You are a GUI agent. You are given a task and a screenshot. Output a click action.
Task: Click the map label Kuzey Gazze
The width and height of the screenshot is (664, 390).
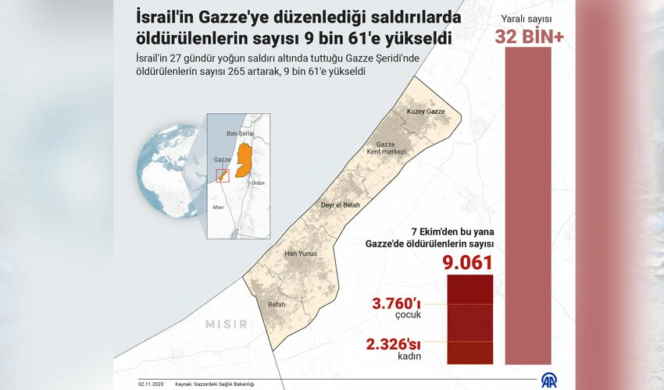[426, 112]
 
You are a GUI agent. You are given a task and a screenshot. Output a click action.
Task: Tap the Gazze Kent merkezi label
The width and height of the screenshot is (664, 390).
[391, 147]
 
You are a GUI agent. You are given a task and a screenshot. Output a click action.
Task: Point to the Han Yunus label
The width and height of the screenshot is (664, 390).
[301, 253]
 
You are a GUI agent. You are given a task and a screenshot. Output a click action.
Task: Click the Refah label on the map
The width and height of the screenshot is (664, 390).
[277, 304]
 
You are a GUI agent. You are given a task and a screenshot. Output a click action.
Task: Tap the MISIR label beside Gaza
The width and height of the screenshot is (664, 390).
[227, 324]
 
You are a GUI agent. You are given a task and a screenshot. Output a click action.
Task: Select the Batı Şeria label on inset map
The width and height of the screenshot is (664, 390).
[237, 133]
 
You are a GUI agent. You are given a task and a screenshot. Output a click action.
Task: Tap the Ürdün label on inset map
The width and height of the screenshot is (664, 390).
[257, 183]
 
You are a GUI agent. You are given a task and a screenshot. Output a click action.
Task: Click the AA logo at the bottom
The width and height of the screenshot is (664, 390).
[551, 380]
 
